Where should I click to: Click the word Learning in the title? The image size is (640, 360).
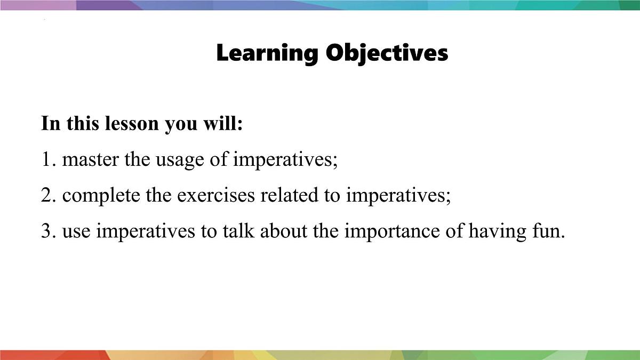tap(267, 53)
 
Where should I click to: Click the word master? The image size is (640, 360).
tap(91, 159)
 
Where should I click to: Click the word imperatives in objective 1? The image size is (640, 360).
tap(285, 159)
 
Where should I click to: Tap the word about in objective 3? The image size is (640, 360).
tap(283, 231)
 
